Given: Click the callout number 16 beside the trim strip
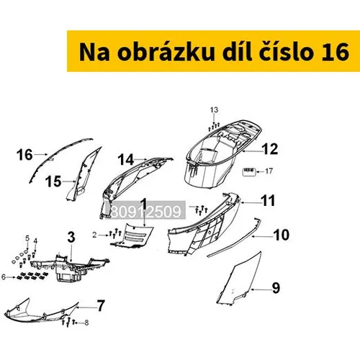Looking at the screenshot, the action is pos(24,155).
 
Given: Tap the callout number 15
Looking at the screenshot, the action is pos(53,181).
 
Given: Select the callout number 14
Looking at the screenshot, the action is pos(126,160).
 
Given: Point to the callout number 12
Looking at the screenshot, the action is pos(271,149).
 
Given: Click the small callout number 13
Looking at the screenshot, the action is pos(214,110).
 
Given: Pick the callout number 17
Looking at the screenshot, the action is pos(269,171).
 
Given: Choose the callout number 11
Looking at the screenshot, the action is pos(268,201).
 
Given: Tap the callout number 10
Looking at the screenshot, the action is pos(282,235).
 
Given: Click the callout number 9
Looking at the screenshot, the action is pos(276,287).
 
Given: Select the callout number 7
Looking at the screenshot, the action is pos(101,306).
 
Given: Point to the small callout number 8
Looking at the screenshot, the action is pos(86,323).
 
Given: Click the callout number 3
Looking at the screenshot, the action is pos(71,237).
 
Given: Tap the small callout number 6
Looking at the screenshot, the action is pos(4,277).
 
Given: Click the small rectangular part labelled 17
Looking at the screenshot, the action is pos(248,172).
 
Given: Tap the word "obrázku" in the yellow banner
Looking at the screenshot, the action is pos(166,52).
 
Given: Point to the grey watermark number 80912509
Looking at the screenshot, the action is pos(147,212).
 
